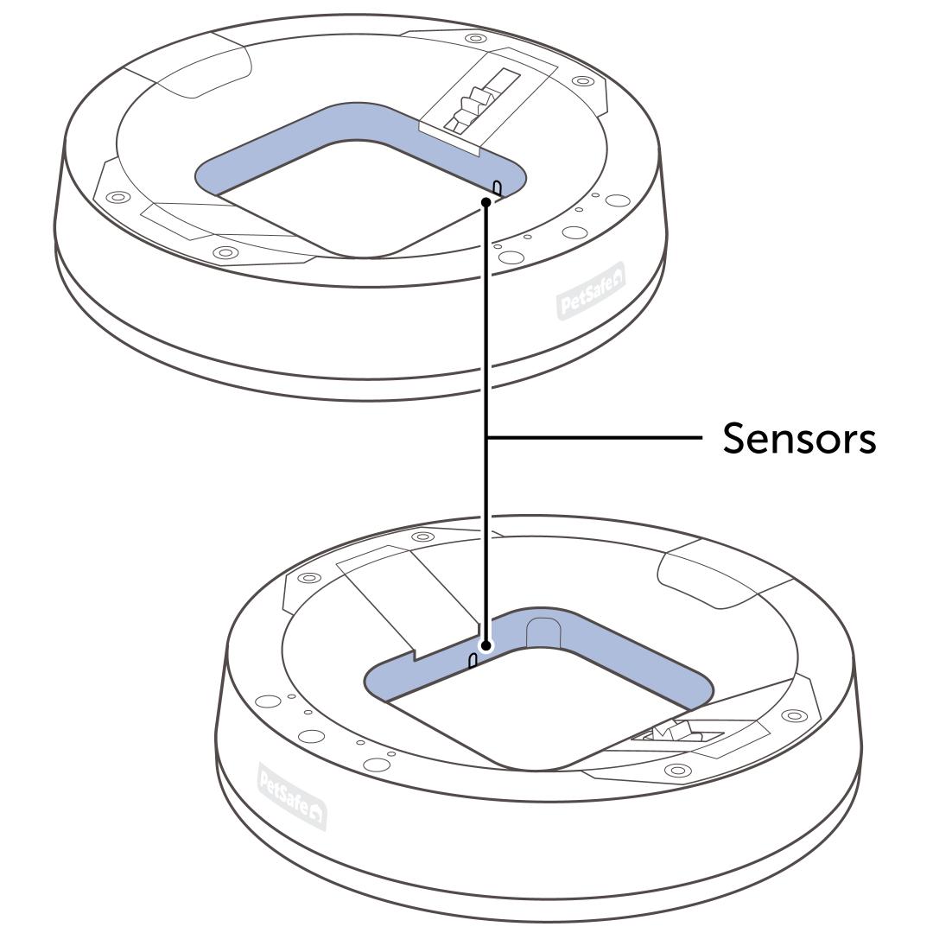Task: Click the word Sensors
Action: coord(799,438)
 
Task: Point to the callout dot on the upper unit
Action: coord(487,202)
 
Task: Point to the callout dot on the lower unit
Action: coord(486,645)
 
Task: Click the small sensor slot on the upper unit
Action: coord(498,187)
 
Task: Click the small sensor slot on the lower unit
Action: coord(473,662)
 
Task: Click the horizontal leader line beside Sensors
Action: coord(596,438)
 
